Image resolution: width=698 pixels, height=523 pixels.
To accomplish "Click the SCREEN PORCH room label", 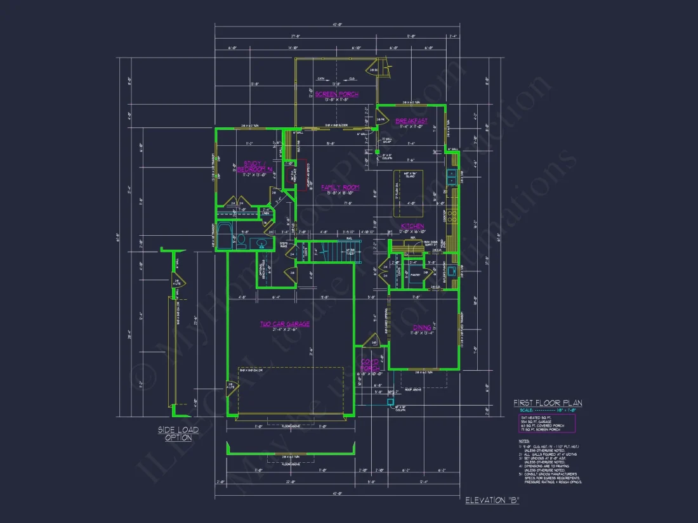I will tap(337, 94).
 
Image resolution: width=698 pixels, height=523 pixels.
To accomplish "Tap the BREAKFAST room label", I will tap(411, 121).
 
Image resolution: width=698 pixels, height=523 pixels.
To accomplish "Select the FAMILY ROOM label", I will tap(340, 187).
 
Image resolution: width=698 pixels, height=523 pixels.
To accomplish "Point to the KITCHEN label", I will tap(412, 226).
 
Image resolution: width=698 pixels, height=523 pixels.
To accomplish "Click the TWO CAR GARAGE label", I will tap(285, 324).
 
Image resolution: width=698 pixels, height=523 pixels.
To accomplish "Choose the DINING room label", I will tap(422, 328).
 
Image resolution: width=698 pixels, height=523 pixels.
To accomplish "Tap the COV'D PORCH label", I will tap(370, 365).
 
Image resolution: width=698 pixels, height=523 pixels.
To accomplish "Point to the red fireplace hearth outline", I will tap(303, 174).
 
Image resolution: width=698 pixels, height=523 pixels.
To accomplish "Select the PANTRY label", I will tap(415, 275).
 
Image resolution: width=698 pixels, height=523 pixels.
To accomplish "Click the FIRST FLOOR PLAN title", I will tap(548, 403).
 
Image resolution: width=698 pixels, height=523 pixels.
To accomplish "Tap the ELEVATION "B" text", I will tap(492, 501).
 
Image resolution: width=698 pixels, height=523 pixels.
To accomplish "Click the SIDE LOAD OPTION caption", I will tap(178, 434).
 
